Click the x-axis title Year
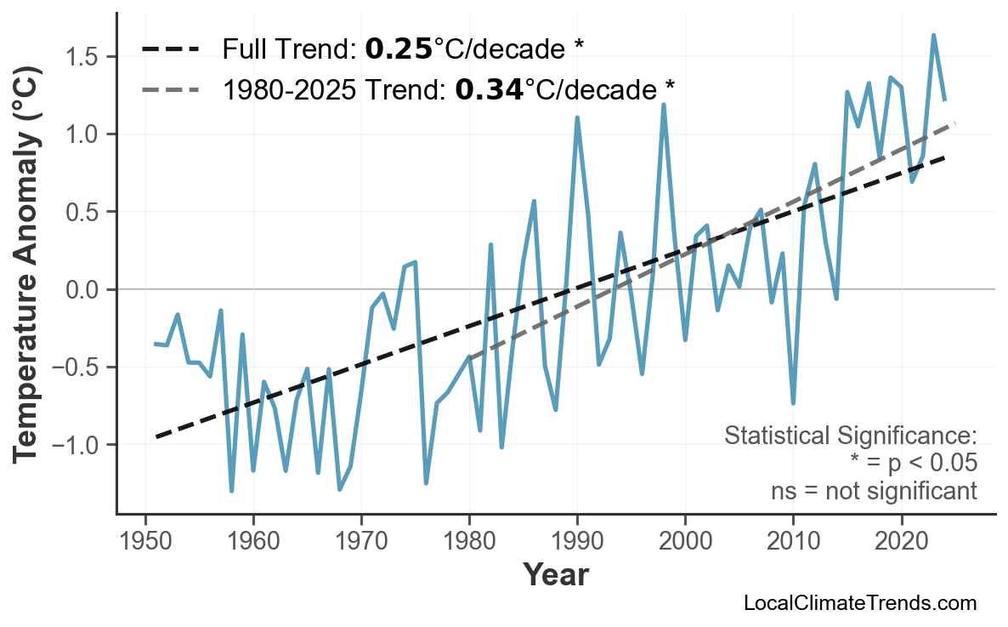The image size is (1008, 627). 554,575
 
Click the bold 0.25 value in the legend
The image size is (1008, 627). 399,49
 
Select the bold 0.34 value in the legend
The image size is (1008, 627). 489,88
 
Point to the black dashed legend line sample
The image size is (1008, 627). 170,49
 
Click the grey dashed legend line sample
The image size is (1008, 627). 170,88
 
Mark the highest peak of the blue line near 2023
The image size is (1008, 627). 933,36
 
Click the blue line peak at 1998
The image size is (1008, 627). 664,105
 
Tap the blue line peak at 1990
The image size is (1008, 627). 577,118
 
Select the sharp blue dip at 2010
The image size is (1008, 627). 793,402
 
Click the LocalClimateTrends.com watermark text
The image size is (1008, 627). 859,603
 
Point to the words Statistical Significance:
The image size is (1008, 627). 850,436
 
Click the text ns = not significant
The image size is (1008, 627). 874,491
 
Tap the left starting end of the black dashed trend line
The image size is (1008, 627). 156,436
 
